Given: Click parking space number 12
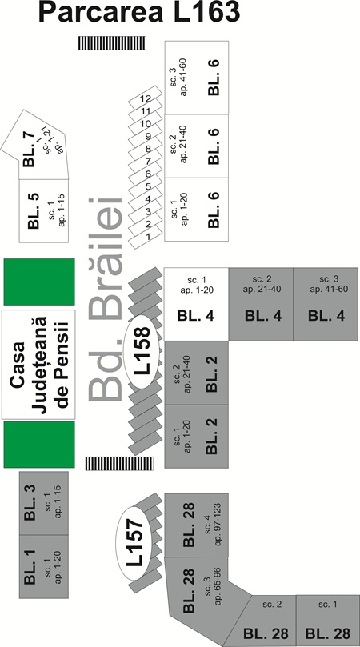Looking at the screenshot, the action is (146, 98).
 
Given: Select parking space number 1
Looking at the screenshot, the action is (146, 237).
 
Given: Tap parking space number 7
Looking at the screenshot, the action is (146, 162).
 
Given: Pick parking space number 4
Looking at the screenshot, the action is (146, 199).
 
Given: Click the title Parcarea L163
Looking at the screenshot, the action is (139, 12).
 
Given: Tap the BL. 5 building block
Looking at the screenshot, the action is (44, 211).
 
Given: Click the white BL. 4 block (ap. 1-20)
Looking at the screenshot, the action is (196, 304).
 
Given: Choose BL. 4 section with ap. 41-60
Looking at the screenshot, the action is (326, 304).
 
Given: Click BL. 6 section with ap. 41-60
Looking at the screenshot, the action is (197, 78).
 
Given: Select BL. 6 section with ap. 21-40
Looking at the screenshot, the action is (197, 146).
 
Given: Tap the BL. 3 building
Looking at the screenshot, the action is (44, 503).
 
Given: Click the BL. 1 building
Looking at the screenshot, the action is (44, 566).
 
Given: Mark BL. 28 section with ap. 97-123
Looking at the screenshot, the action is (197, 525).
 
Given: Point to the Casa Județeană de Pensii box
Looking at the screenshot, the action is (38, 365).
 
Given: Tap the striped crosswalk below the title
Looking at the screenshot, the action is (112, 43).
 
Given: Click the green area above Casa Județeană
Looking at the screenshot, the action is (39, 282).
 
